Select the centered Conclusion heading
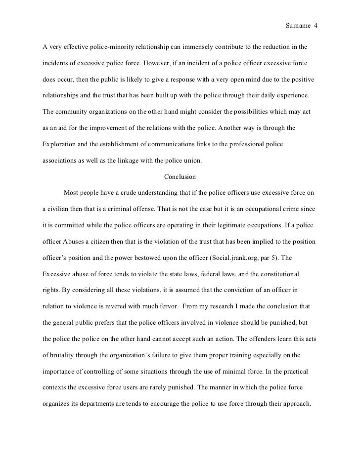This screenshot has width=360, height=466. click(180, 176)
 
